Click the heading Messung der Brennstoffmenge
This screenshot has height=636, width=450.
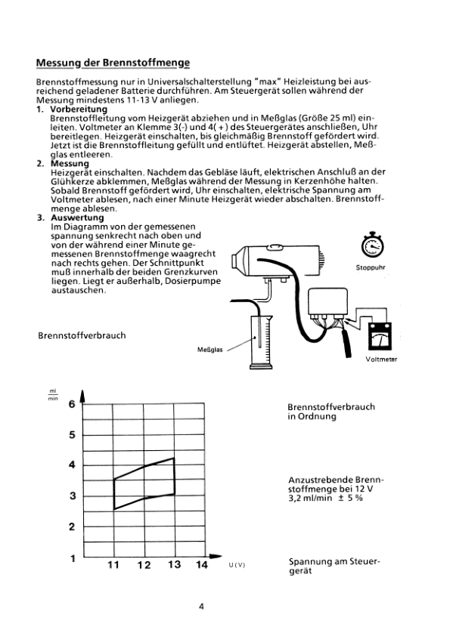pyautogui.click(x=113, y=63)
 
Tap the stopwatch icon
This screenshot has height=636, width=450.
pyautogui.click(x=372, y=245)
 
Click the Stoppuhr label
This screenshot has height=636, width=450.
pyautogui.click(x=371, y=267)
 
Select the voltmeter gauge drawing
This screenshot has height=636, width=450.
pyautogui.click(x=380, y=336)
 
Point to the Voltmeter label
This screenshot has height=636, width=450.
pyautogui.click(x=381, y=359)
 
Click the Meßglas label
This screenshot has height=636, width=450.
pyautogui.click(x=210, y=350)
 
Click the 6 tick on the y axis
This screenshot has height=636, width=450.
pyautogui.click(x=73, y=404)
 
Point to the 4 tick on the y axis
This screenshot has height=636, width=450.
pyautogui.click(x=73, y=465)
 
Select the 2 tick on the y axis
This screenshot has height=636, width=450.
pyautogui.click(x=73, y=527)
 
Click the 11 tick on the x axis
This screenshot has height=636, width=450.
pyautogui.click(x=113, y=564)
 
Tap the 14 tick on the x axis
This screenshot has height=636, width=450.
pyautogui.click(x=202, y=564)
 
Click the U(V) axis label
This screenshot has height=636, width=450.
pyautogui.click(x=237, y=565)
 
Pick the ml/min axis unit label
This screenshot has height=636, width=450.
pyautogui.click(x=53, y=394)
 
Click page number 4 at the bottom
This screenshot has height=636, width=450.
pyautogui.click(x=201, y=607)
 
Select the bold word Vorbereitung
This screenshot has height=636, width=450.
pyautogui.click(x=79, y=109)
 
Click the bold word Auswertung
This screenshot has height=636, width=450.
pyautogui.click(x=77, y=218)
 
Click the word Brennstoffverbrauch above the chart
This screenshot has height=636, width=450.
pyautogui.click(x=82, y=335)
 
